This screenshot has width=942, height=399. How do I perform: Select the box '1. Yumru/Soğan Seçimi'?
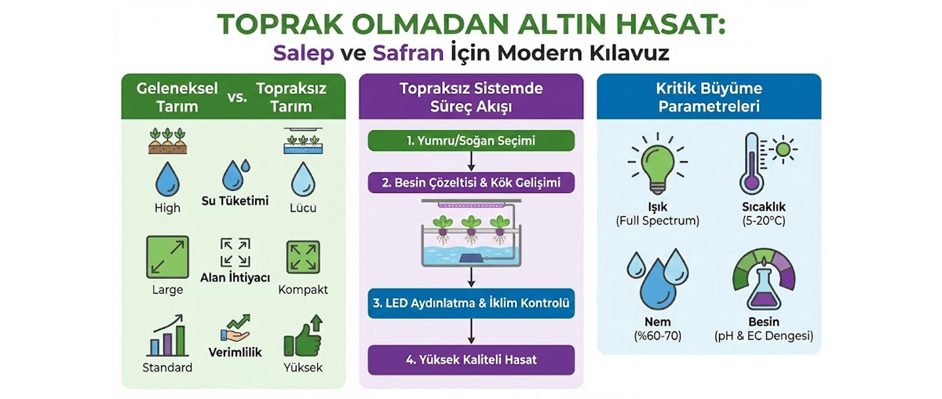[471, 141]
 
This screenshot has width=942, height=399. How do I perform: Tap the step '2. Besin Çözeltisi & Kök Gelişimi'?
[471, 183]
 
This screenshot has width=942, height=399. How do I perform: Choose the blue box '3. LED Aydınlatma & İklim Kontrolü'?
[471, 302]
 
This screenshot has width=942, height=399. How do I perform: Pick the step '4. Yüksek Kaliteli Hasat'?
[471, 361]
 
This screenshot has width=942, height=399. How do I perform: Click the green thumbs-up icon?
[302, 337]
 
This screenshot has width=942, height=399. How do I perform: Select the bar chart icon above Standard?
[166, 337]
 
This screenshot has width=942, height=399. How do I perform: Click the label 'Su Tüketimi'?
[235, 201]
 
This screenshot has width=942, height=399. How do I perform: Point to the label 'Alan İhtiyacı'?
[235, 278]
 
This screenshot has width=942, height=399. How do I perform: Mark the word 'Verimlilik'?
[235, 353]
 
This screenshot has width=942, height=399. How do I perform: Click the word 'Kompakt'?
[303, 290]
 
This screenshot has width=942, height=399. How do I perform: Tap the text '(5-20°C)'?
[763, 221]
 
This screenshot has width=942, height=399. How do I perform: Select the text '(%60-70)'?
[657, 336]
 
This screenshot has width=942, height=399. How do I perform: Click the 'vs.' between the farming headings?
[236, 97]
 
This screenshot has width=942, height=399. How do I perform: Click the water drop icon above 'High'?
[167, 178]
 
